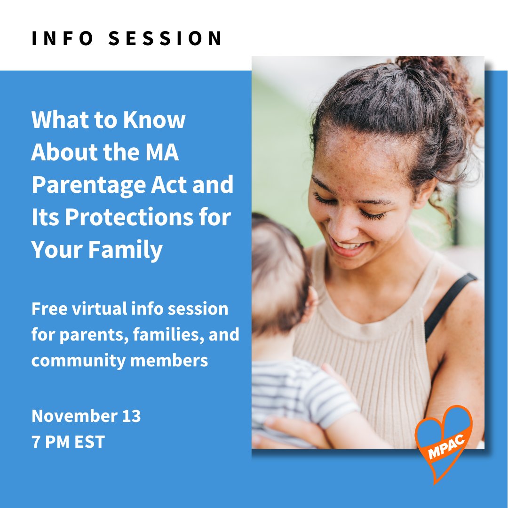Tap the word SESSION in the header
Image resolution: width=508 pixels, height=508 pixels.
tap(166, 38)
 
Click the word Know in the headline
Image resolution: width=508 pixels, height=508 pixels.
tap(154, 120)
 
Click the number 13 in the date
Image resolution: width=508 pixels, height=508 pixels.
tap(129, 416)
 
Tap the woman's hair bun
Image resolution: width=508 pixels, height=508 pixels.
tap(423, 71)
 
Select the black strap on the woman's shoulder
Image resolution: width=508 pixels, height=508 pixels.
tap(449, 301)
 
